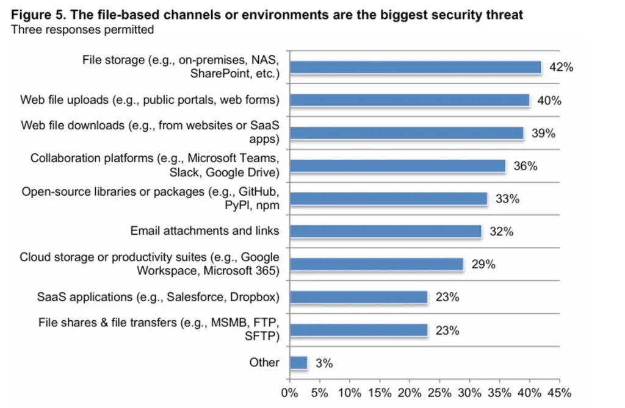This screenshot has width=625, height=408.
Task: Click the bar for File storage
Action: coord(415,67)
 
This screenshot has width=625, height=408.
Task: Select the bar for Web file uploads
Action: coord(409,100)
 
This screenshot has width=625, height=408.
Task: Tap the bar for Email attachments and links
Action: coord(385,231)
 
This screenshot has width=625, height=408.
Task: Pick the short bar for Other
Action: coord(298,362)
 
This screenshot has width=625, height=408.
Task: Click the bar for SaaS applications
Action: coord(358,297)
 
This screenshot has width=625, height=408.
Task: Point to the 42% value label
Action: coord(561,68)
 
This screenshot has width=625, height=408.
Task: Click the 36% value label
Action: coord(525,166)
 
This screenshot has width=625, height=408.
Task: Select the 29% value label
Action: coord(483,265)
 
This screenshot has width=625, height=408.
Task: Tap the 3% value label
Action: coord(324,363)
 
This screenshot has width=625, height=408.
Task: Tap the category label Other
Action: coord(264,362)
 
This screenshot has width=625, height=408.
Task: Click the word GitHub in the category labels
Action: coord(257,191)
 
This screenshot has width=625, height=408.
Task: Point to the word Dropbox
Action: coord(257,297)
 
